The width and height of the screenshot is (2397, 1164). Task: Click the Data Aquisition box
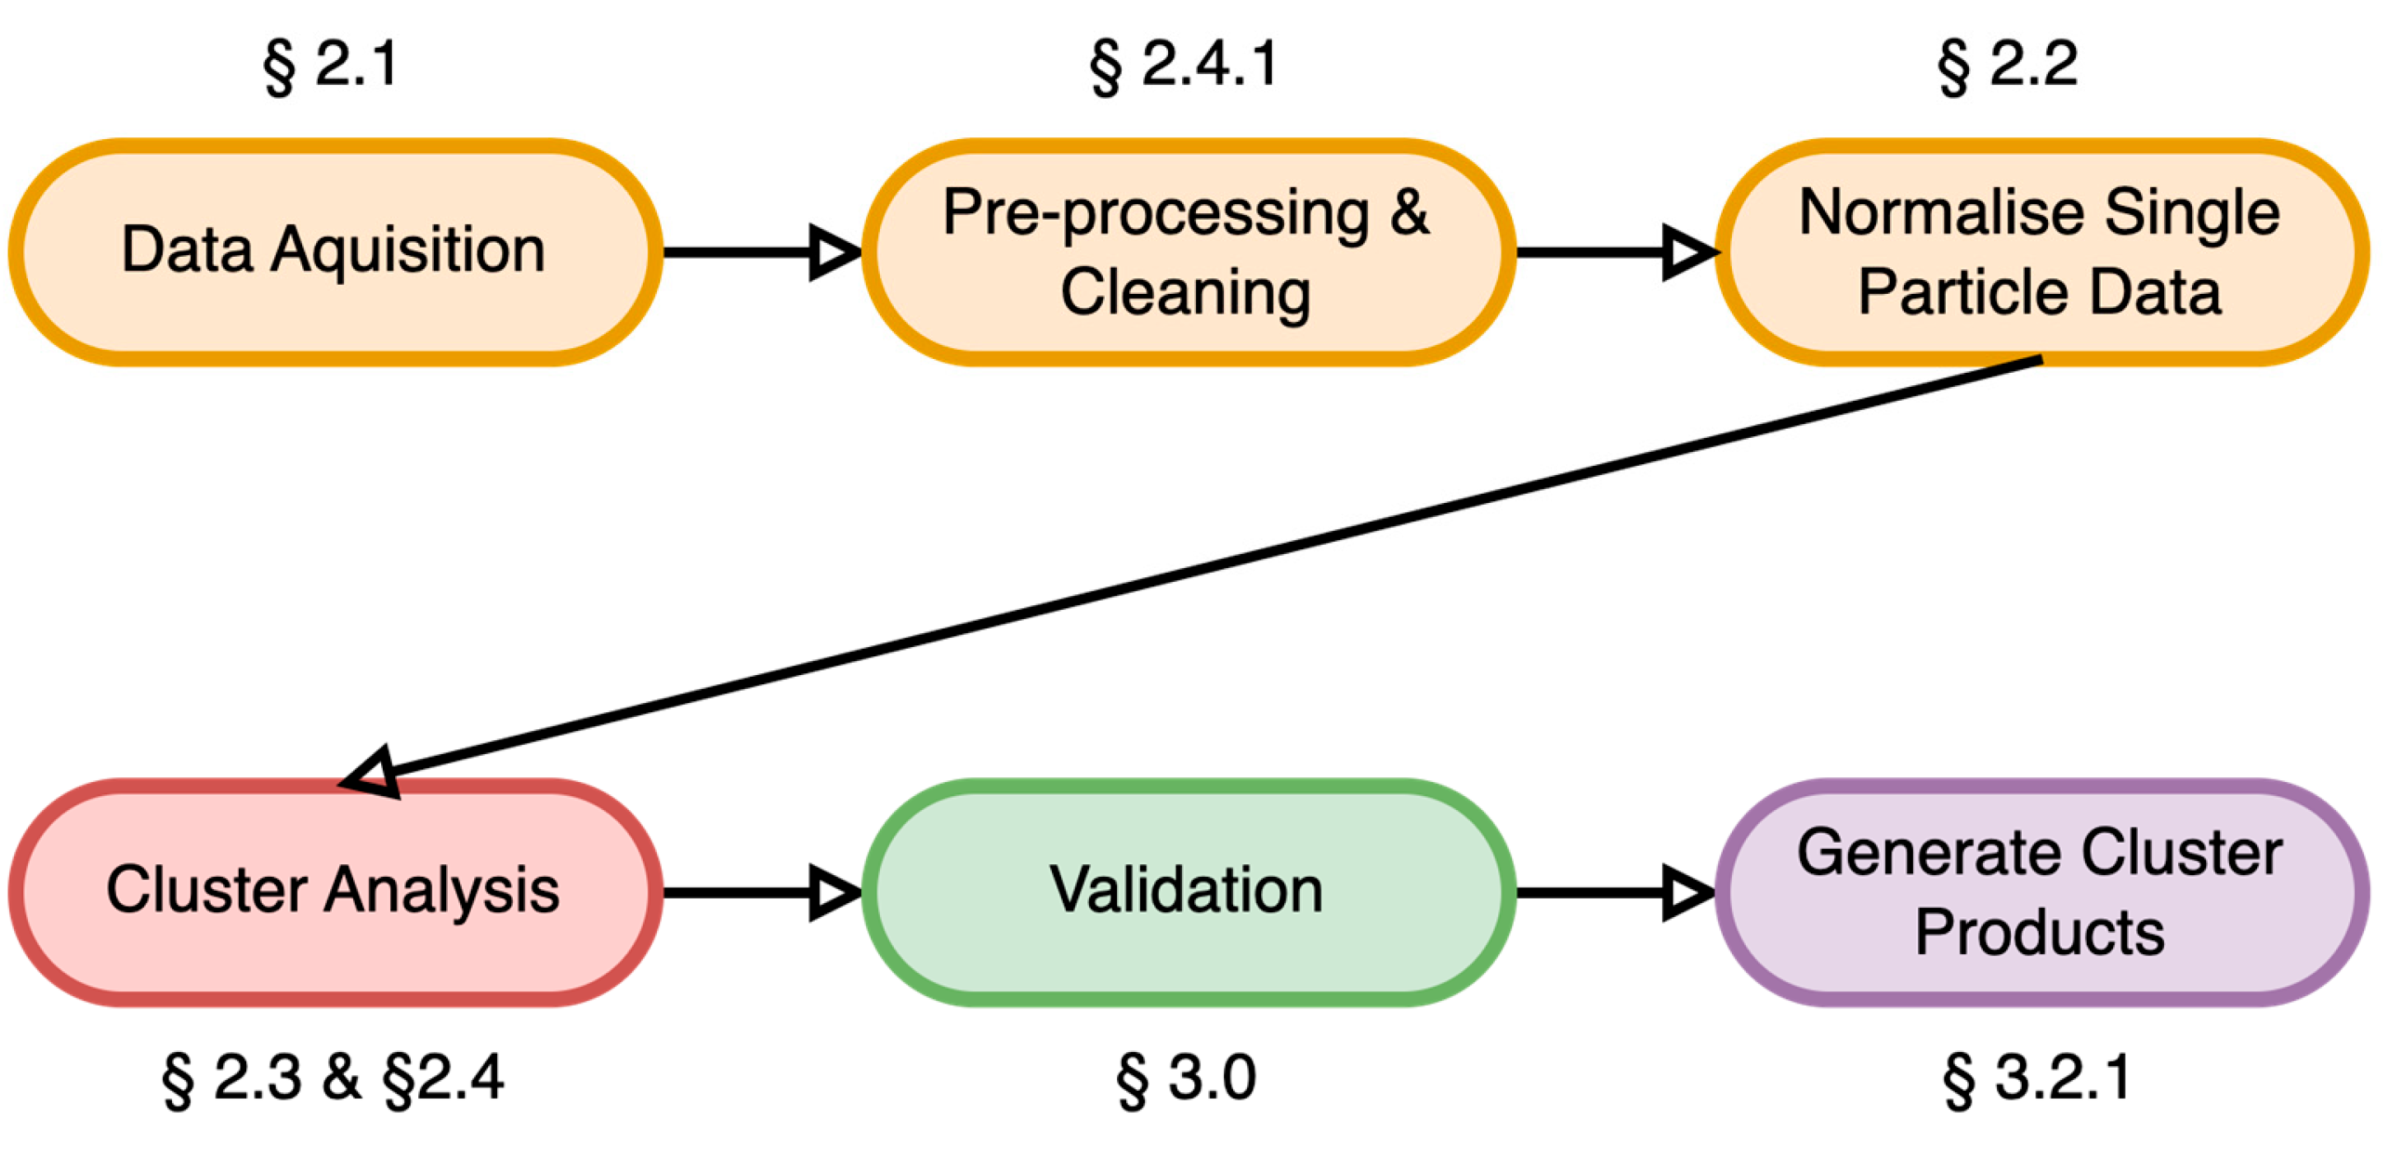pyautogui.click(x=333, y=251)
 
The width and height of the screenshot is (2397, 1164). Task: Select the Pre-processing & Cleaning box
pyautogui.click(x=1186, y=251)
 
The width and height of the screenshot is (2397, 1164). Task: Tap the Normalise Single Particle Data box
pyautogui.click(x=2040, y=251)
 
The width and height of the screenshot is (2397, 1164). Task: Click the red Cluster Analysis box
pyautogui.click(x=333, y=892)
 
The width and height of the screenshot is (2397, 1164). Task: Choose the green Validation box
pyautogui.click(x=1186, y=892)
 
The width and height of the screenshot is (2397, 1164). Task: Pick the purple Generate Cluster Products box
pyautogui.click(x=2040, y=892)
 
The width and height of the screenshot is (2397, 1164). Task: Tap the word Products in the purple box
pyautogui.click(x=2040, y=933)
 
